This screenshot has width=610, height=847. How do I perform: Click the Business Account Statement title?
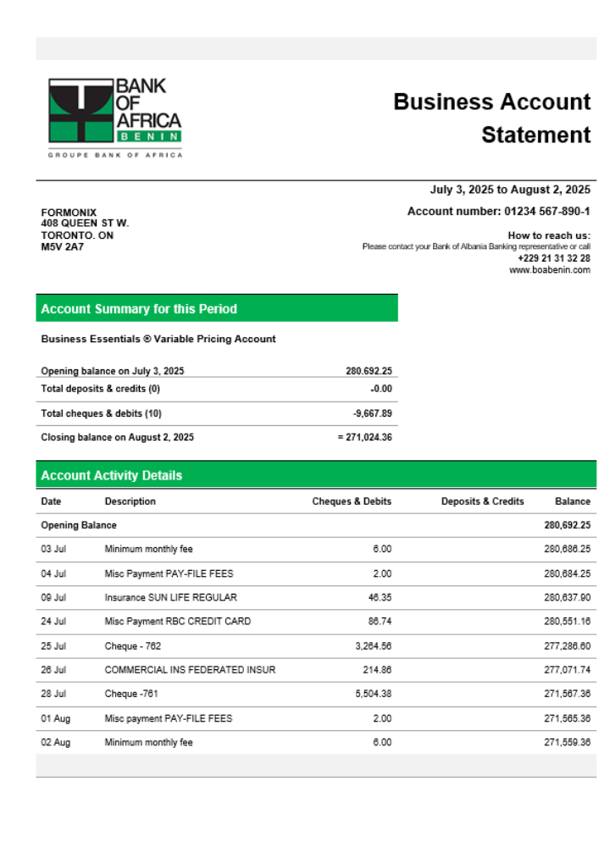point(491,118)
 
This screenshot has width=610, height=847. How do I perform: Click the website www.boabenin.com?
point(549,270)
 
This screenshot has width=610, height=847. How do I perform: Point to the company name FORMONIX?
point(69,213)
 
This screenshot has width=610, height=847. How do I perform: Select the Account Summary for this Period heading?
point(139,309)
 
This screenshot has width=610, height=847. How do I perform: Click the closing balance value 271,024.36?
point(364,437)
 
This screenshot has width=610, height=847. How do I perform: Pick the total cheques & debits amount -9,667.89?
point(372,413)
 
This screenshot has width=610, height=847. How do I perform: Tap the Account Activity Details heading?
point(111,475)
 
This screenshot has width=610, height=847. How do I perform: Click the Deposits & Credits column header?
point(482,501)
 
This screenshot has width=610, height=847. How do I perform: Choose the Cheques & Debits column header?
point(352,501)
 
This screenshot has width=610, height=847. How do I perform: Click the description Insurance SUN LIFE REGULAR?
point(170,597)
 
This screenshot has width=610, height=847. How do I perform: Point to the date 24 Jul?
point(53,621)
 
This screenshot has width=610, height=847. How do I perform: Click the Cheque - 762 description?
point(132,645)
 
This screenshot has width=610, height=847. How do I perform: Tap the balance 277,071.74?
point(567,669)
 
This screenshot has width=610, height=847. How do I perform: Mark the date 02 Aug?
point(55,742)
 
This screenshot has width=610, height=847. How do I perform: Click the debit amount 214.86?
point(376,669)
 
